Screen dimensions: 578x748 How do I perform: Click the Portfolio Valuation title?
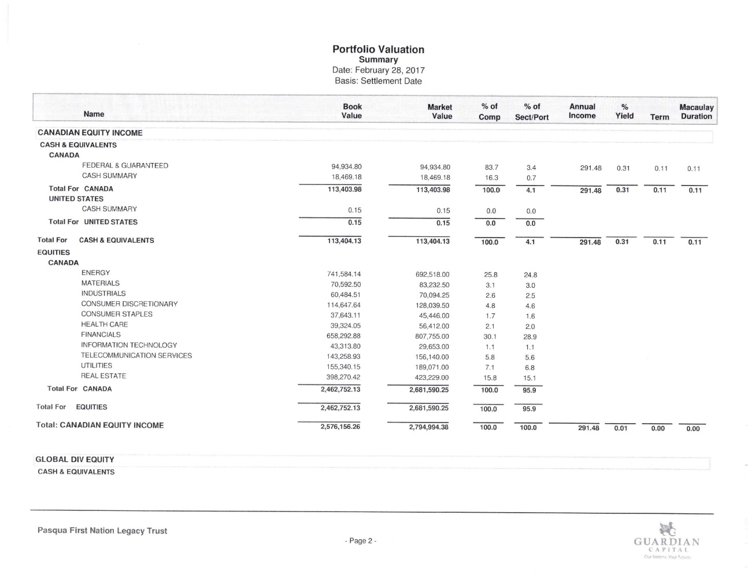pos(378,50)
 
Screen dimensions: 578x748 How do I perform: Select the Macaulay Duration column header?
pos(696,112)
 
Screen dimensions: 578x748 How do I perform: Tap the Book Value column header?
pos(351,111)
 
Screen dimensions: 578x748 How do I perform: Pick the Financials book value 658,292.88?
pos(343,336)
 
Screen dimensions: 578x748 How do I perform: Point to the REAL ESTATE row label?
pos(103,376)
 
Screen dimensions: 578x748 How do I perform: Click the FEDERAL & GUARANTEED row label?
pos(125,166)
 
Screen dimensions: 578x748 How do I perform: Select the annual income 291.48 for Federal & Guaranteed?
pos(590,168)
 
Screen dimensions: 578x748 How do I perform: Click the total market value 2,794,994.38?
pos(429,428)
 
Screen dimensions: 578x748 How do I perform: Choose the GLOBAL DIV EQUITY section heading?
pos(75,460)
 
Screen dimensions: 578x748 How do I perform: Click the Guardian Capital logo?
pos(666,541)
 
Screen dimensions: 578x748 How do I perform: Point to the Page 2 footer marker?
pos(360,541)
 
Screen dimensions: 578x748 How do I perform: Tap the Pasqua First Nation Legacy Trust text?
pos(102,531)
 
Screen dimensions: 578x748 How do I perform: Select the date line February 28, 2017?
pos(378,71)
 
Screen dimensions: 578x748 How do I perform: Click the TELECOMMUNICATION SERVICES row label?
pos(136,355)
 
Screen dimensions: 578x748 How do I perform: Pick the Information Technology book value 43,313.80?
pos(343,346)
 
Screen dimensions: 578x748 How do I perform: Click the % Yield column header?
pos(624,112)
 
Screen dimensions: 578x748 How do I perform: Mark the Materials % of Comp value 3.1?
pos(490,285)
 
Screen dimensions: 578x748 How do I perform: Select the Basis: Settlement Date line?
pos(378,81)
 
